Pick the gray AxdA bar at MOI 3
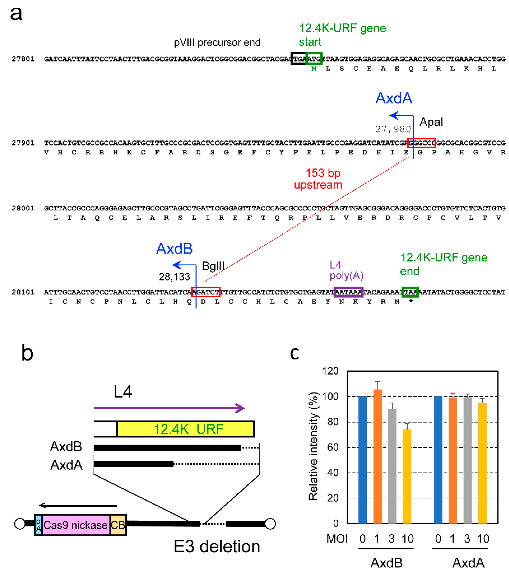(468, 460)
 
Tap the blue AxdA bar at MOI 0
(438, 459)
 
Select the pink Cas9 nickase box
(76, 525)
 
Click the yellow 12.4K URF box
(185, 429)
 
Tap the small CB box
(118, 525)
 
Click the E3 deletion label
(216, 546)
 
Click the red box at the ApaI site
(422, 143)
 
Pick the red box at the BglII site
(206, 292)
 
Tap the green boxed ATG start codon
(314, 59)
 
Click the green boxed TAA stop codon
(410, 292)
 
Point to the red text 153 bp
(323, 173)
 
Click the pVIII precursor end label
(217, 42)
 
